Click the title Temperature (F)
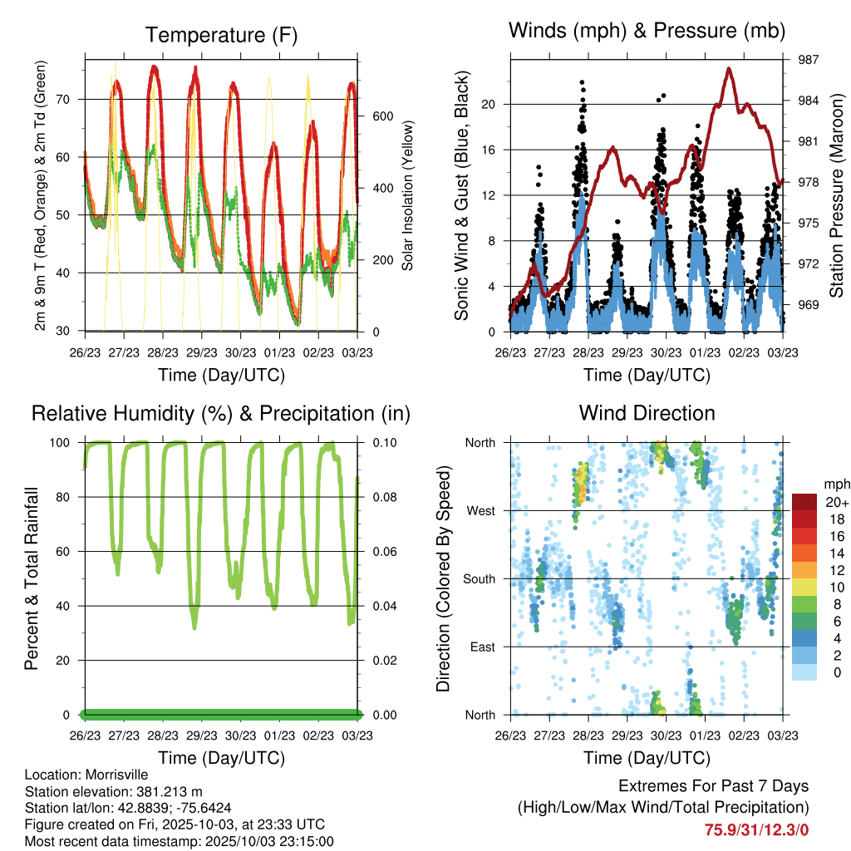(x=221, y=35)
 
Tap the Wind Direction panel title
(x=647, y=413)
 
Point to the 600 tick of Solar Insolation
(x=382, y=116)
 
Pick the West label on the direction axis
(x=480, y=510)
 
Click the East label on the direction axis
(x=481, y=647)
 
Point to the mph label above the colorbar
(x=834, y=484)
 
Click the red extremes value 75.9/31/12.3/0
(x=757, y=829)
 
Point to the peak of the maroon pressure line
(x=730, y=68)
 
